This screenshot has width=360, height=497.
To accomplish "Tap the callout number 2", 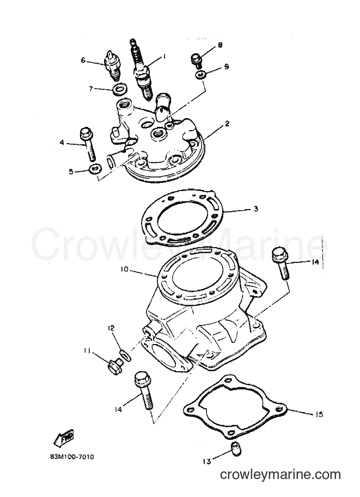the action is (x=227, y=124).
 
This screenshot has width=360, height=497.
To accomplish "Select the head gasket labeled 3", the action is (x=182, y=218).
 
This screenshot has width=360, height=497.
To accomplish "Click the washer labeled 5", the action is (x=95, y=169).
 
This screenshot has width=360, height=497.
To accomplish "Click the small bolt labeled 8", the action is (x=196, y=60).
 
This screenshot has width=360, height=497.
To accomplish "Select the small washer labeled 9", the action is (x=200, y=76).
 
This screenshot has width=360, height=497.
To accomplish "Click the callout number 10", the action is (x=124, y=269).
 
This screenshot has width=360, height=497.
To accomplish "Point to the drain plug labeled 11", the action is (x=115, y=366).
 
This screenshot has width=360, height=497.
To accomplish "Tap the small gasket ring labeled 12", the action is (x=126, y=355).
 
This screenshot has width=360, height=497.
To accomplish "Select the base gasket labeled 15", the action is (x=235, y=407).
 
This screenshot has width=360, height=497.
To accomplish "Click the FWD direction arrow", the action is (x=64, y=438).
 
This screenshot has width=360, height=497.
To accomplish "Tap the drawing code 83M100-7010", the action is (x=72, y=457).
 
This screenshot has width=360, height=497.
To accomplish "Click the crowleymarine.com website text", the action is (x=280, y=475).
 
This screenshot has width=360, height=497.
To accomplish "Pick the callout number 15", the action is (x=319, y=414).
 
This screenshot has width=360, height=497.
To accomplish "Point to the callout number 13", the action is (x=206, y=462).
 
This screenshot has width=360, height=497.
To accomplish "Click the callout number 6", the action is (x=83, y=60).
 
